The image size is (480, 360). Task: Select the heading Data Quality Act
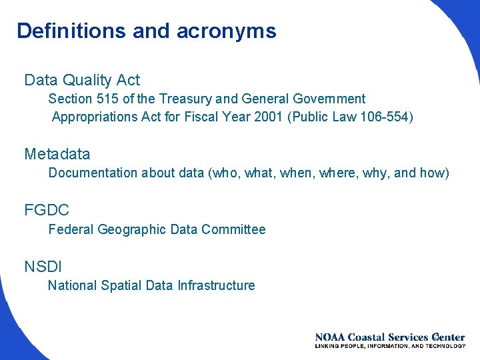(82, 81)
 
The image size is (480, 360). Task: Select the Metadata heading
(57, 155)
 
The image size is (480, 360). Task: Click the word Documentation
(93, 173)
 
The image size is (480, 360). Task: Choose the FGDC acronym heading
(47, 211)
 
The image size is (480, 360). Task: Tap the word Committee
(233, 230)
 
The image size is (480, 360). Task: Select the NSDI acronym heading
(43, 267)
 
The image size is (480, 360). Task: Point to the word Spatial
(121, 286)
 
